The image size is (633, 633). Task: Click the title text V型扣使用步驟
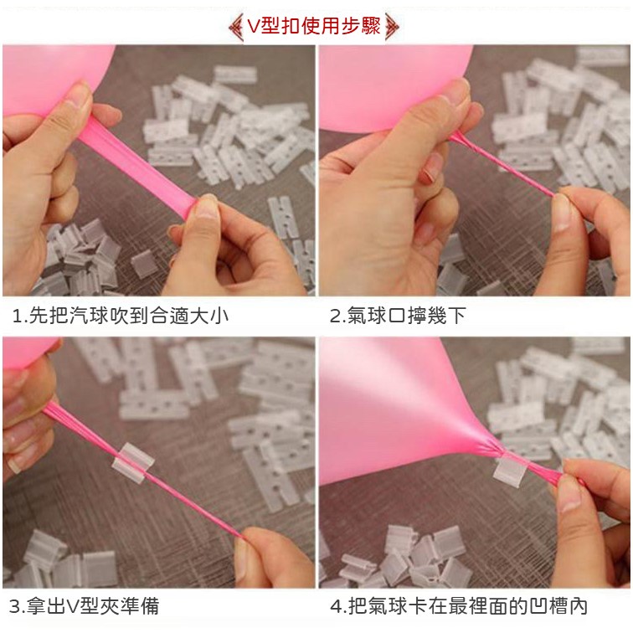pos(314,27)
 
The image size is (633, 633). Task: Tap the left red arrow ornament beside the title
pos(236,27)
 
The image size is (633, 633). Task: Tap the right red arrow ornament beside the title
pos(392,27)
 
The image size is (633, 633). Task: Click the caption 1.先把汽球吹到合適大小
pos(121,316)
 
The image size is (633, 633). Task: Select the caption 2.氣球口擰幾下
pos(398,316)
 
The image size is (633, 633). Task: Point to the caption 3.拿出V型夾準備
pos(84,606)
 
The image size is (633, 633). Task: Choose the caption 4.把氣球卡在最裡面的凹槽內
pos(459,606)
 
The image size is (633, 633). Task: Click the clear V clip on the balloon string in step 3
pos(133,463)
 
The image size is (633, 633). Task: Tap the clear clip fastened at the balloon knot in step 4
pos(510,471)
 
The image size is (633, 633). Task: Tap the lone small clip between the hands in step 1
pos(144,263)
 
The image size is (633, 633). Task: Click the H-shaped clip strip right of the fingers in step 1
pos(283,217)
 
